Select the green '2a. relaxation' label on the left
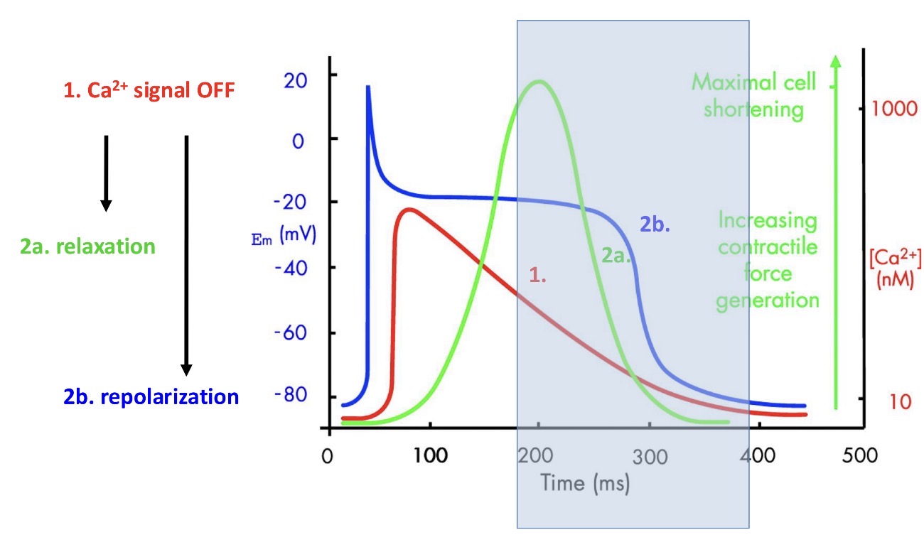point(88,247)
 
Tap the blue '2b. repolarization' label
point(151,396)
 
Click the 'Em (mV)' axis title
point(286,235)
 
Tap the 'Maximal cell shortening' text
point(754,96)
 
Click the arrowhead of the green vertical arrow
point(836,62)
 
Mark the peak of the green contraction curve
point(539,81)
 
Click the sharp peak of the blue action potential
point(368,87)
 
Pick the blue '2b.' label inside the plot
point(655,225)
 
